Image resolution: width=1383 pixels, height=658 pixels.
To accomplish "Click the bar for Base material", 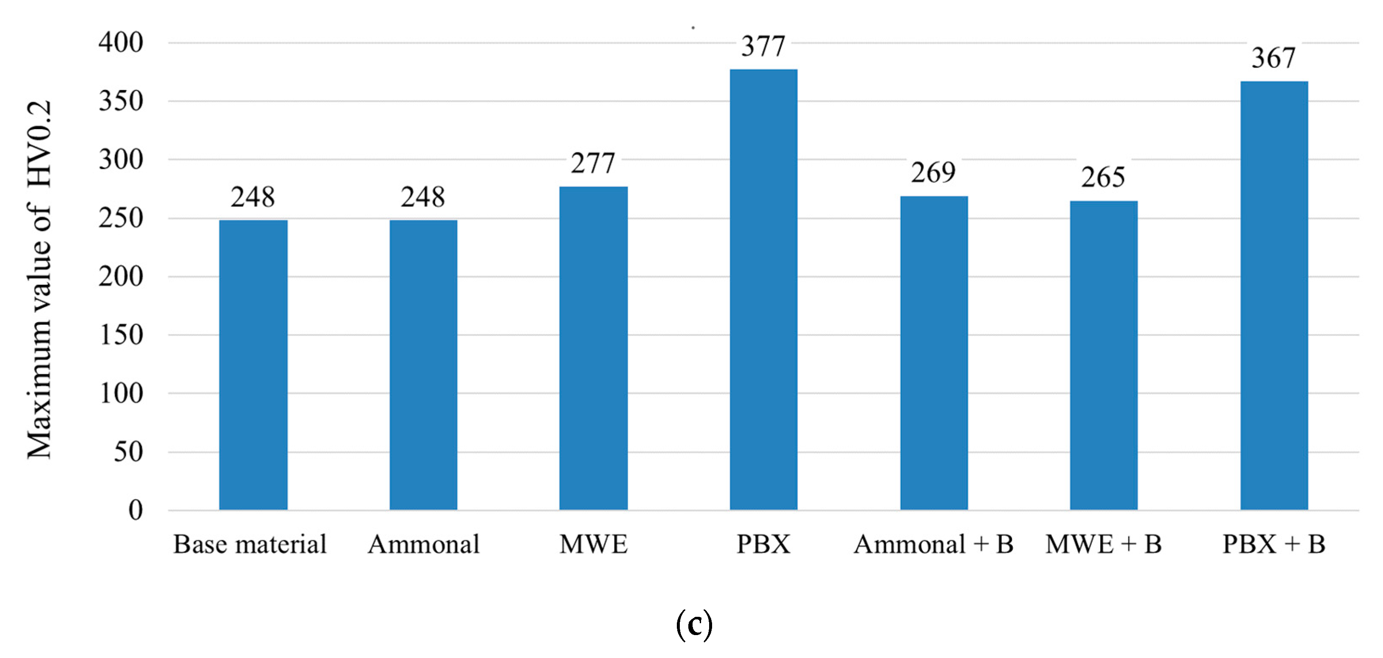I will click(253, 365).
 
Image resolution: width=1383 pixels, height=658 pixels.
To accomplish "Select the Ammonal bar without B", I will click(423, 365).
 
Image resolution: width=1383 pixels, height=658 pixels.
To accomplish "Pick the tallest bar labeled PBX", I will click(763, 290).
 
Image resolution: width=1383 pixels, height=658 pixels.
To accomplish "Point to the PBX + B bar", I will click(1274, 295).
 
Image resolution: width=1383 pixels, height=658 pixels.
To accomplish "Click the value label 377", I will click(763, 46).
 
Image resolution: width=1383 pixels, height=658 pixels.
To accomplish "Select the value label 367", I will click(1273, 58).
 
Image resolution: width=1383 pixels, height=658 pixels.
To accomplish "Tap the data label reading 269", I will click(933, 173).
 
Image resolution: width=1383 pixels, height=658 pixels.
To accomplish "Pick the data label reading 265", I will click(1103, 177).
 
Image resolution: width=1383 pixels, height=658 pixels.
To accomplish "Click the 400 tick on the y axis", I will click(121, 42).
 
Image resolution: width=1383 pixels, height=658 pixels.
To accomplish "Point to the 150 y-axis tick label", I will click(121, 335).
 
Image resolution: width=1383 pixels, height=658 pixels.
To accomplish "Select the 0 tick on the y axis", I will click(135, 510).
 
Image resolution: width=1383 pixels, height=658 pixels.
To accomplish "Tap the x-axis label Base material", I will click(250, 544).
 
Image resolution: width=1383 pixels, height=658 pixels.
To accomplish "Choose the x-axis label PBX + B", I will click(1273, 544).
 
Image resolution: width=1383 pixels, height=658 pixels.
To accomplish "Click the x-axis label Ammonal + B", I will click(933, 544).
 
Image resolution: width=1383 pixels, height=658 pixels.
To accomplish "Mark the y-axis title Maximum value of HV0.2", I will click(39, 279).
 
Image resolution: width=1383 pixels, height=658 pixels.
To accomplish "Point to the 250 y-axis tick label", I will click(121, 218).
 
